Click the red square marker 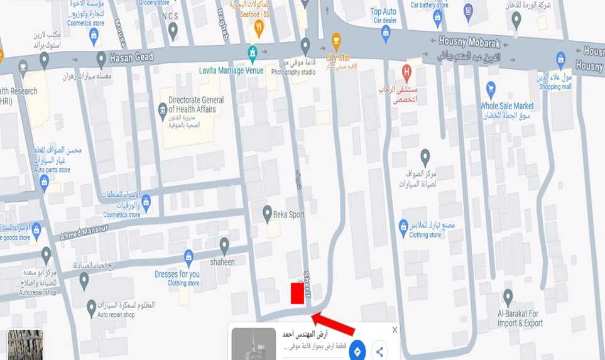[297, 294]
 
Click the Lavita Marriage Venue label [232, 70]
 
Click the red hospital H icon [406, 71]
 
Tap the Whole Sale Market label [506, 106]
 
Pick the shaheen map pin [224, 244]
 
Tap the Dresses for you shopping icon [188, 256]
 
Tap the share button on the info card [379, 351]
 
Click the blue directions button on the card [357, 351]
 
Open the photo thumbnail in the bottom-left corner [25, 345]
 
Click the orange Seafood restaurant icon [259, 28]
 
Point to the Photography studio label [293, 72]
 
